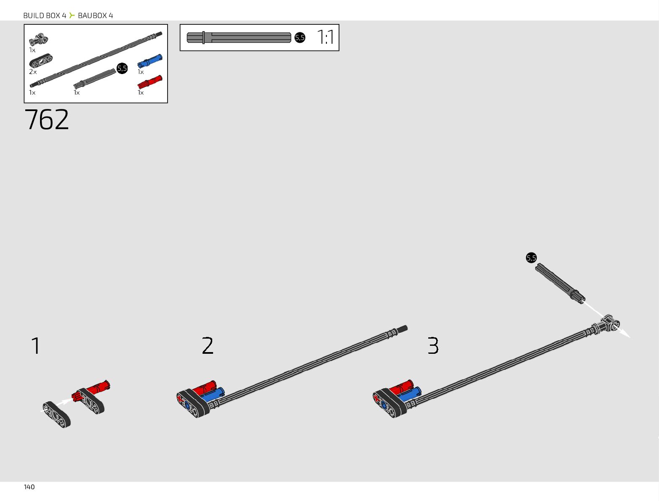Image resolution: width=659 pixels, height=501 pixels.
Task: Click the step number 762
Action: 47,120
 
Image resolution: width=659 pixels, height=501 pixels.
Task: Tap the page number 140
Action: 29,487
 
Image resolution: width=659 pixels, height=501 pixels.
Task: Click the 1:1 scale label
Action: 325,37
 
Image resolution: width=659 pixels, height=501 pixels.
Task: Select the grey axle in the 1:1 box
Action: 239,37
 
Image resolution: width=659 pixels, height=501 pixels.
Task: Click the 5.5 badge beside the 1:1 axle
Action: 299,37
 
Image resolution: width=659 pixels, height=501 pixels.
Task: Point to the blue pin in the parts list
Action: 150,61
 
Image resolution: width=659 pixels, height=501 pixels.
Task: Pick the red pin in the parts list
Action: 150,82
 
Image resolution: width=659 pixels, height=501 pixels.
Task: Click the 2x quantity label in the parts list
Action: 32,72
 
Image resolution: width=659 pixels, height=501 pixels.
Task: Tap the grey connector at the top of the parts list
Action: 38,40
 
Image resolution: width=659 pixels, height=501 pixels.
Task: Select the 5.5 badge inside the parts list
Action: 122,68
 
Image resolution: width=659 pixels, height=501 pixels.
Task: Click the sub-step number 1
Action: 36,346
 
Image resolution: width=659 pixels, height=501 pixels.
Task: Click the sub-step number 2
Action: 208,346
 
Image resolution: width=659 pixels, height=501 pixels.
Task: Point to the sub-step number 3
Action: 433,346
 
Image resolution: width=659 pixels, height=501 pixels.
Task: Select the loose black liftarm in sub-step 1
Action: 56,414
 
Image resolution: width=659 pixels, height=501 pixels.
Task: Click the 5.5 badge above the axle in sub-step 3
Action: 531,258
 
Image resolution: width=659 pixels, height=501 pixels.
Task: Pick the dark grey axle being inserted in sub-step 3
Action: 559,283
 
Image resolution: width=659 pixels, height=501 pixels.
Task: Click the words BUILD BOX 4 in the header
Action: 45,16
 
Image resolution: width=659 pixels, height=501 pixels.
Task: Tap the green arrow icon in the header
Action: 72,16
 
